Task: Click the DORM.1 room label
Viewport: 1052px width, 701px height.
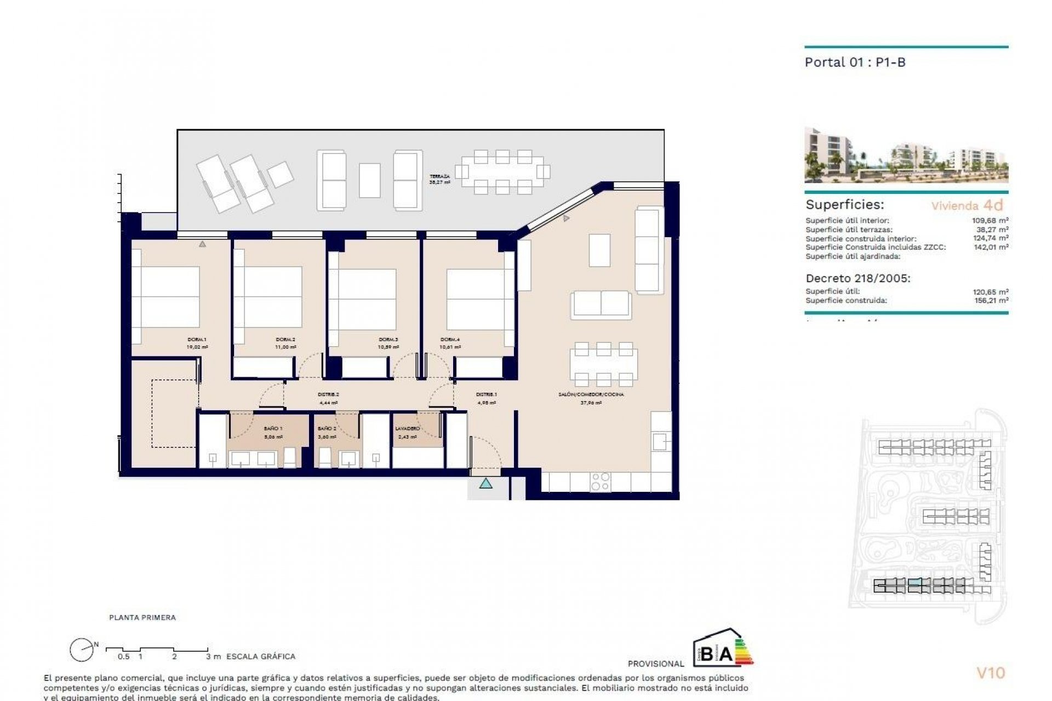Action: pos(197,340)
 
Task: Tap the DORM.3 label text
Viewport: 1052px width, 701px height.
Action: pos(388,340)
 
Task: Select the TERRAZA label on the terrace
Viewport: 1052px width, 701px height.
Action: pos(439,177)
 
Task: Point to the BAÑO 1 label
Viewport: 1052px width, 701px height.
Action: pos(273,429)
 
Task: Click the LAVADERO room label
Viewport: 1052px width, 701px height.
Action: pos(407,429)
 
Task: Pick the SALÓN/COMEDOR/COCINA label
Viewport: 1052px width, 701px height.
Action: pos(591,394)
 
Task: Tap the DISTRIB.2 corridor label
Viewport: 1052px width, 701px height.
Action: pos(329,395)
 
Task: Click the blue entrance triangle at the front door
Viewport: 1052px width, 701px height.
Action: pos(485,484)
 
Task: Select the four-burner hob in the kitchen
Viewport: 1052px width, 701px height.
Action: pos(600,481)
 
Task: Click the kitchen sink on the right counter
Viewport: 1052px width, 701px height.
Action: pos(660,440)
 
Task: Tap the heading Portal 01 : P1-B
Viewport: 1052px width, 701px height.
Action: pos(855,62)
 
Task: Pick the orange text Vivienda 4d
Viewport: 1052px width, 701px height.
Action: pos(967,205)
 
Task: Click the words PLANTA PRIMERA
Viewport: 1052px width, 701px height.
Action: pos(142,617)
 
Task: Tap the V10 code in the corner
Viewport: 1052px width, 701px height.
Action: pos(991,673)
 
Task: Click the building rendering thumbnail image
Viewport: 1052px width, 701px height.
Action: pos(906,155)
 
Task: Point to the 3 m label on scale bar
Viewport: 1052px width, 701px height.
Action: pos(213,656)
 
